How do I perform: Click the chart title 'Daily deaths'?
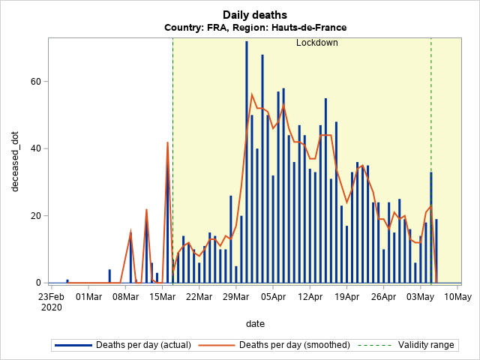255,15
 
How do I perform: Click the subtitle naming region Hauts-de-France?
255,28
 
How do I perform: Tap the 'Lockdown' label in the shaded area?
316,43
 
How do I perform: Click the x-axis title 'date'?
255,323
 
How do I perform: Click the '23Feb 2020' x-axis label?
52,301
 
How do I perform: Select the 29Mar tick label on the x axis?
235,296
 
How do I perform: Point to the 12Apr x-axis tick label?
309,296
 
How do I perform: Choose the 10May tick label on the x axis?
457,296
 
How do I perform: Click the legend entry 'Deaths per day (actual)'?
142,345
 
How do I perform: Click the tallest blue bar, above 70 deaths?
247,150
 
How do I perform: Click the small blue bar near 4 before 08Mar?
109,276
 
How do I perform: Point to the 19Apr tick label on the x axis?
346,296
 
